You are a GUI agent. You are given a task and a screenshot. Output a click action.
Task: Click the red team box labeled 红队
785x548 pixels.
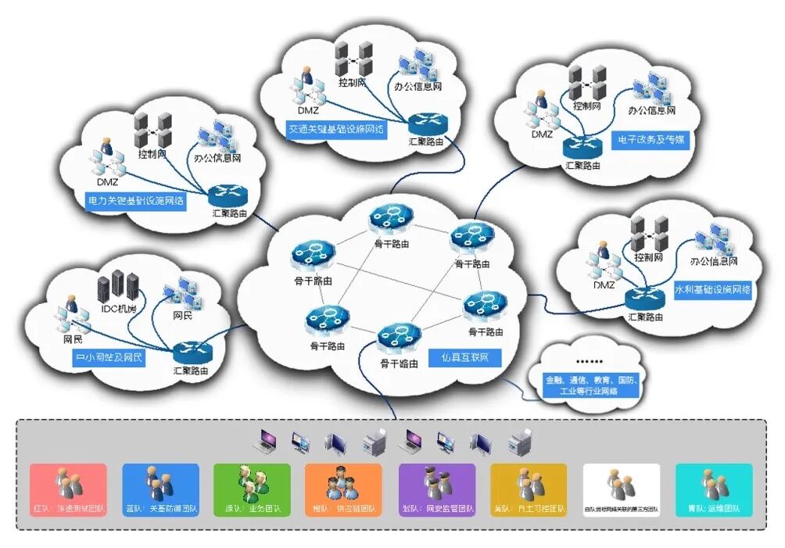68,490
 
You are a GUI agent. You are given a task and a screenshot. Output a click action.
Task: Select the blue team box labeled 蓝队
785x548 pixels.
160,490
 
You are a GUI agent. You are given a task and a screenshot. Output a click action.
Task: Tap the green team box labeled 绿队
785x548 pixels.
252,490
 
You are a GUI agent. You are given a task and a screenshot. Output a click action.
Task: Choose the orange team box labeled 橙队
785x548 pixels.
343,490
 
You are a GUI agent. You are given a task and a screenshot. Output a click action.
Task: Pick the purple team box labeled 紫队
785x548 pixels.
436,490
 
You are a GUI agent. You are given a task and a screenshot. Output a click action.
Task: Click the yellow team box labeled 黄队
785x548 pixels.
529,490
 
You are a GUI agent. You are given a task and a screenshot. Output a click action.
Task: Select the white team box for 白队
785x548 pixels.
622,490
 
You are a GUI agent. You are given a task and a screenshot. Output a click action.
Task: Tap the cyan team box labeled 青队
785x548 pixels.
713,490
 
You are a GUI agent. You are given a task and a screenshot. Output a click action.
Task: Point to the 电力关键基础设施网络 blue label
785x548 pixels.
136,200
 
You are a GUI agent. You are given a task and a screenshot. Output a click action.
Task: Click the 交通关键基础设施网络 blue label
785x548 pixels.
336,127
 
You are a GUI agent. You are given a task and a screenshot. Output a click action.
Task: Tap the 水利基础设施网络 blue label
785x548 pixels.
712,289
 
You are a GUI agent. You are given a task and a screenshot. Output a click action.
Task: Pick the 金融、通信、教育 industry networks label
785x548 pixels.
593,385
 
